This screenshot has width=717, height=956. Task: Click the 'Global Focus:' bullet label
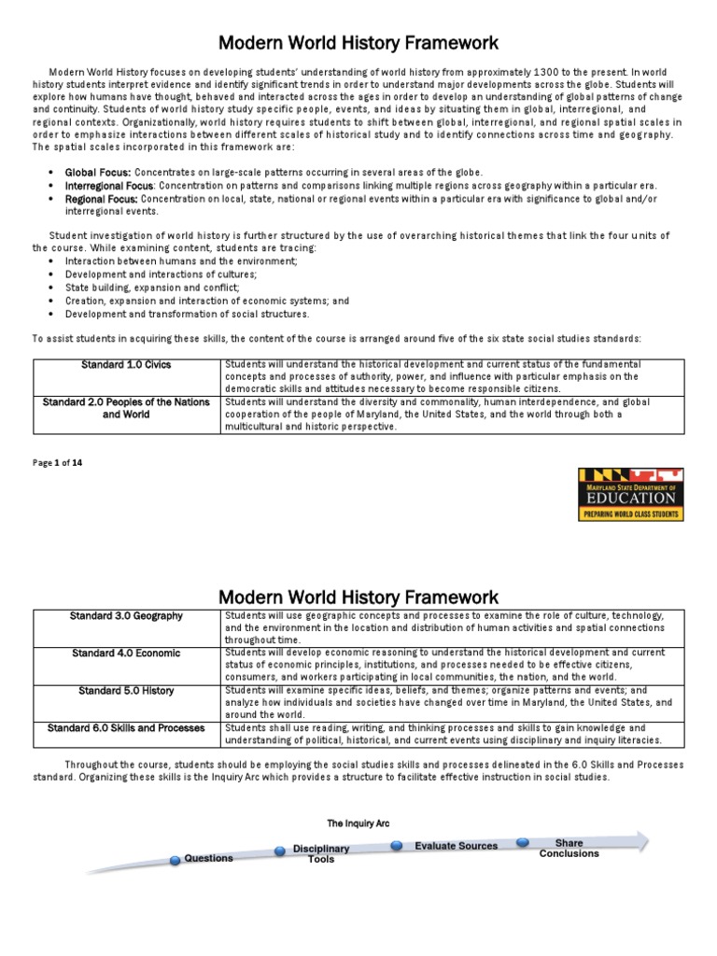[x=98, y=173]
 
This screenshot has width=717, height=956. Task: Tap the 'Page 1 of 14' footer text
[x=58, y=462]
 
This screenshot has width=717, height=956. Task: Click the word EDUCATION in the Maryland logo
[x=632, y=498]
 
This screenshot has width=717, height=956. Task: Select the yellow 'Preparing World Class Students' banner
[x=631, y=513]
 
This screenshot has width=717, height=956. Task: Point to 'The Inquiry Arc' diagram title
[x=358, y=823]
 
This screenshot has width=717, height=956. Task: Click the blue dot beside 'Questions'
[x=176, y=859]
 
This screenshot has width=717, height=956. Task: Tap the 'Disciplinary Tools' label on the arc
[x=321, y=853]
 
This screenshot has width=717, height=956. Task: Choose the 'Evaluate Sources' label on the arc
[x=456, y=846]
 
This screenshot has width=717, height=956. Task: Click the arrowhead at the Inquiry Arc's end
[x=642, y=839]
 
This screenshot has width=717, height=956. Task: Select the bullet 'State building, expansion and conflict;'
[x=152, y=288]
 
